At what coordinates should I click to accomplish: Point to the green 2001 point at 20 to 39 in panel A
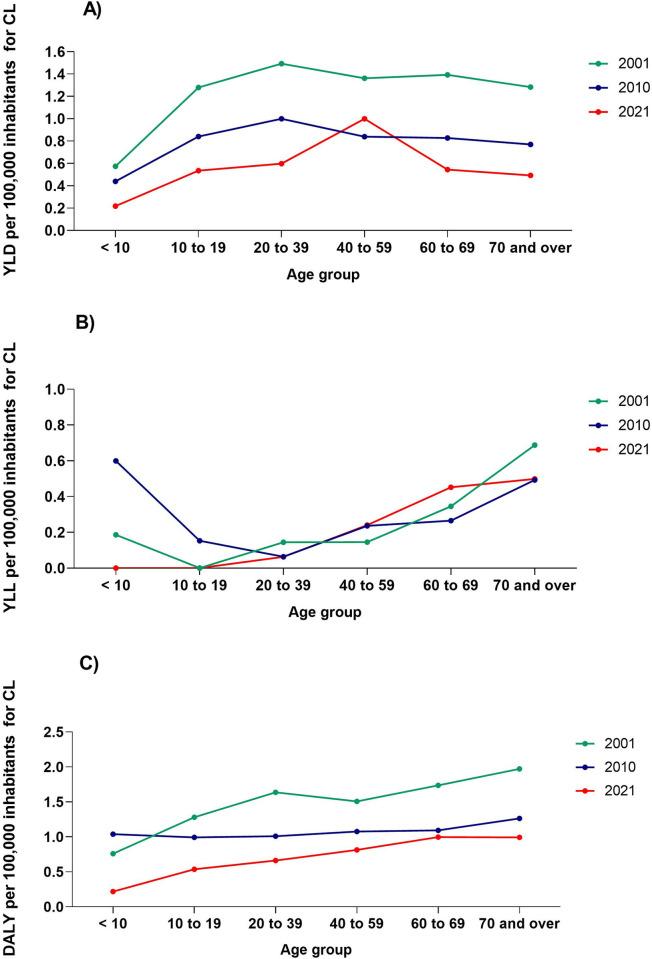click(x=282, y=63)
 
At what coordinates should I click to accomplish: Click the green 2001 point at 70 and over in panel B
click(x=534, y=445)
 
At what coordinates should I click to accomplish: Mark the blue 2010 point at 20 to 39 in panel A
click(x=282, y=118)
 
